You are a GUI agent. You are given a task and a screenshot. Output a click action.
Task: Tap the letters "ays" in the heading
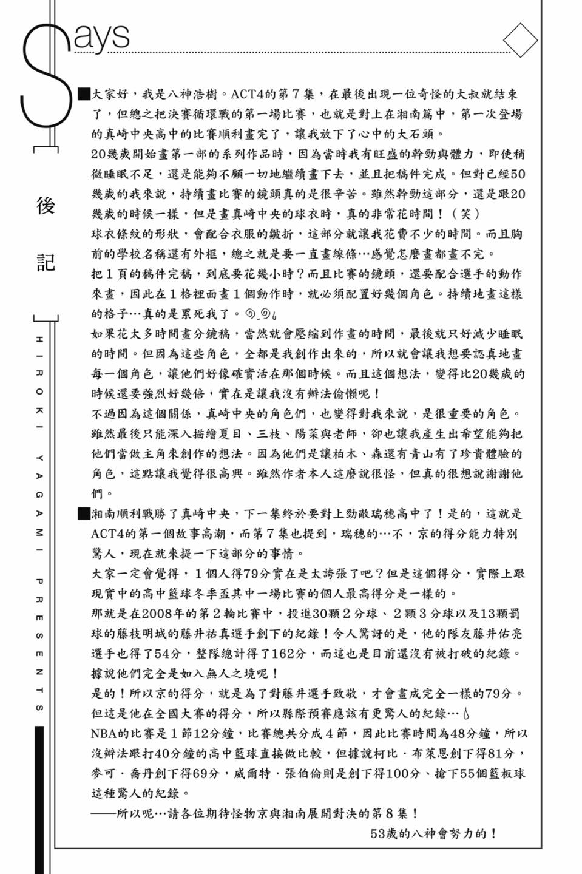[102, 36]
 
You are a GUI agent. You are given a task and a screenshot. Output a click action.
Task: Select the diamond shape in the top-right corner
[520, 41]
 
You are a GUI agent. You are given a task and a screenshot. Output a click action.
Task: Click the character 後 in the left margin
[46, 206]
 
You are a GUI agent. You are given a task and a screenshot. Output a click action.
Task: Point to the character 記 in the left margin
[46, 262]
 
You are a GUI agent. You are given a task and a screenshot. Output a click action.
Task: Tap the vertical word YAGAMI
[39, 495]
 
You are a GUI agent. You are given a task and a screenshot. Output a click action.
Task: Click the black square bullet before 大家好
[84, 94]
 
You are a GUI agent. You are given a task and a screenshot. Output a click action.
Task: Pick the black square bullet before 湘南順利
[84, 514]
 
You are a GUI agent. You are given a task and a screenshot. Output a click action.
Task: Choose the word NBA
[104, 733]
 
